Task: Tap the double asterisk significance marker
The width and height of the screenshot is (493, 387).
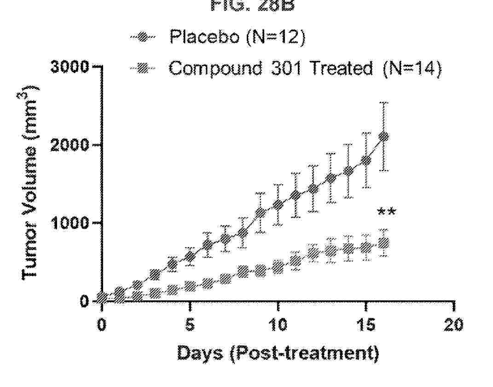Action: tap(386, 212)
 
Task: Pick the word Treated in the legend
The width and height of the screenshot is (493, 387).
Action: tap(341, 68)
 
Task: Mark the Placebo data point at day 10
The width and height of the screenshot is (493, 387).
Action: tap(278, 205)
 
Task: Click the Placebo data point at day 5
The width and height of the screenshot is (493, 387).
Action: tap(190, 257)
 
